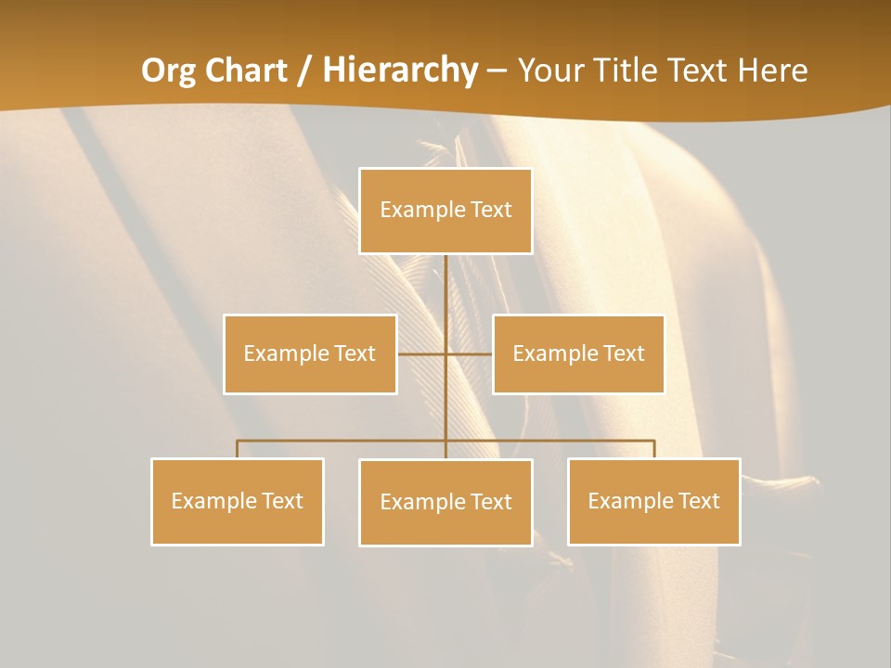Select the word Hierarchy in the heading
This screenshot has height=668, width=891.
click(400, 71)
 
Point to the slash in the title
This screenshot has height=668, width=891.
click(303, 71)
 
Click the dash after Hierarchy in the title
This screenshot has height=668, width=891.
click(497, 71)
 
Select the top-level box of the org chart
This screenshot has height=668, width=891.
click(445, 211)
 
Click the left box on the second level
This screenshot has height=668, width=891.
click(310, 353)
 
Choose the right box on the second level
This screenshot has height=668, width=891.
click(578, 353)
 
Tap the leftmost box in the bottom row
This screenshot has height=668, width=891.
click(238, 501)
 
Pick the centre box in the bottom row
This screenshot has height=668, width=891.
click(445, 502)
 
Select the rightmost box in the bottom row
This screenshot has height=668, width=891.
click(653, 501)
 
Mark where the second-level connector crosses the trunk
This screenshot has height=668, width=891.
click(445, 353)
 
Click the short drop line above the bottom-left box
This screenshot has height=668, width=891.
click(238, 449)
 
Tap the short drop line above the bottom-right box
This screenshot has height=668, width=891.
click(654, 449)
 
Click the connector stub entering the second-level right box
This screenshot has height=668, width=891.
click(478, 353)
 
